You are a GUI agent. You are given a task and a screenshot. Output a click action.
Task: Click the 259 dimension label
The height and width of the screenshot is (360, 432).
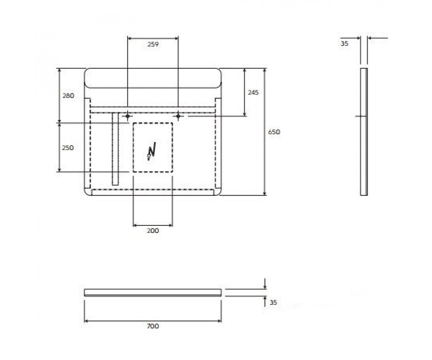tap(153, 44)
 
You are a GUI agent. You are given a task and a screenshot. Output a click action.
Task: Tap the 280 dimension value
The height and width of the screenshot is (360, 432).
tap(68, 96)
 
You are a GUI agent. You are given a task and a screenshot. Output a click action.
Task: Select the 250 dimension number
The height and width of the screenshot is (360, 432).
tap(68, 148)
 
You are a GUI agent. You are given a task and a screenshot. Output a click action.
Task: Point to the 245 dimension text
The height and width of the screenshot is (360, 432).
tap(253, 92)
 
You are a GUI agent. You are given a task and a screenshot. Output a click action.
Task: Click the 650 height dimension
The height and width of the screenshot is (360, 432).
tap(274, 132)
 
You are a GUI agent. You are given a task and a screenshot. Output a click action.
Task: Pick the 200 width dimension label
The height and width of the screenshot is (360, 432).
tap(153, 230)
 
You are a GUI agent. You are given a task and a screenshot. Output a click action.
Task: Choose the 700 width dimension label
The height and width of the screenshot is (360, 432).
tap(153, 326)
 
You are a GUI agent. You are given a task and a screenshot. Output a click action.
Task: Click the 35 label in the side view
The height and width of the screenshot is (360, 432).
tap(345, 44)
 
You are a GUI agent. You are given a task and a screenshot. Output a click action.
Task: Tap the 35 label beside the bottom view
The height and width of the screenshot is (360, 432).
tap(273, 302)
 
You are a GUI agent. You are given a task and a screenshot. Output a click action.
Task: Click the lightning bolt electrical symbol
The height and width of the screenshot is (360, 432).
tap(152, 151)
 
